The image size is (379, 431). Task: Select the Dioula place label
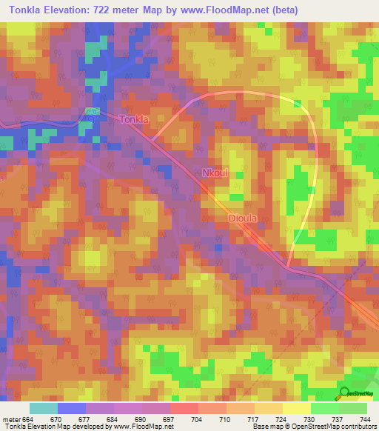tap(245, 218)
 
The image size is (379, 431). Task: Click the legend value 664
tap(27, 418)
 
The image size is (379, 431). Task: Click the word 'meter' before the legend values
tap(10, 418)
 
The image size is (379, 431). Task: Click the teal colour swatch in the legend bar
tap(44, 408)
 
